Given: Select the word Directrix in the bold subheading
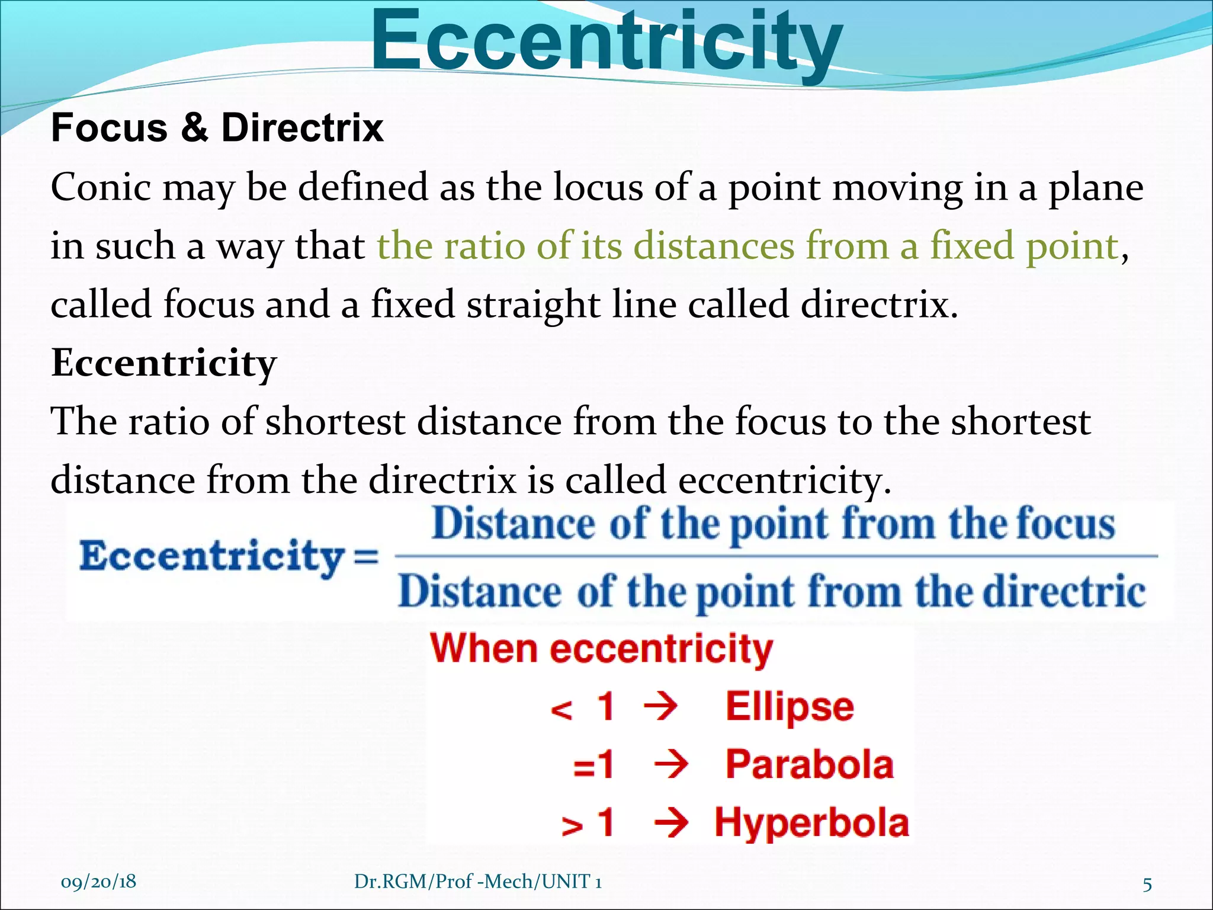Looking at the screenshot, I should tap(302, 127).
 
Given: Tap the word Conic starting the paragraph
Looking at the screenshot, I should tap(101, 188).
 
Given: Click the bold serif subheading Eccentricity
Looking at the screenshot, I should tap(164, 363).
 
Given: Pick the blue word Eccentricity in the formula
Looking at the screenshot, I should tap(211, 557).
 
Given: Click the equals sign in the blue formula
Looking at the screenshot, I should tap(366, 557).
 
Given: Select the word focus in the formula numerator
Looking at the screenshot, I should tap(1066, 524).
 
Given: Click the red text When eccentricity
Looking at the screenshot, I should tap(601, 649).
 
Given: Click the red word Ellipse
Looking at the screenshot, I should tap(790, 707).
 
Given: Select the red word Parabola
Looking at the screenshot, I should tap(809, 764).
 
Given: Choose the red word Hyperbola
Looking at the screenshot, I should tap(811, 823).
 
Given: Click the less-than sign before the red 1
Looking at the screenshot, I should tap(561, 709).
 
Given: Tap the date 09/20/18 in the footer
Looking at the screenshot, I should tap(98, 882).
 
